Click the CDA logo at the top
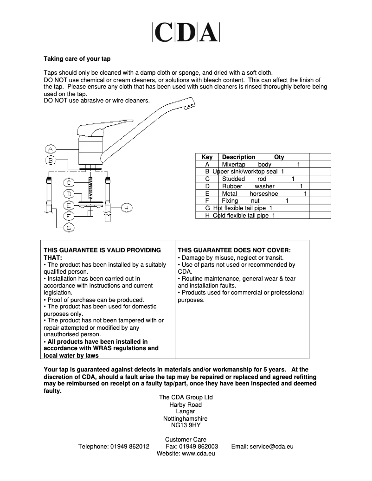tap(186, 32)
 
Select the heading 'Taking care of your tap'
tap(77, 59)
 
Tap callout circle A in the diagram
tap(51, 149)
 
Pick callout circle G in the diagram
tap(68, 227)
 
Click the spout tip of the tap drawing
tap(190, 107)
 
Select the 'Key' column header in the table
tap(207, 157)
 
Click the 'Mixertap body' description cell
tap(246, 165)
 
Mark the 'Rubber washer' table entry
tap(248, 186)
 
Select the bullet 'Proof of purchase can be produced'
tap(96, 300)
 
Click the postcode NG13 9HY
tap(186, 425)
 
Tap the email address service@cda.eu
tap(271, 447)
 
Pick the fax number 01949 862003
tap(199, 447)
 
